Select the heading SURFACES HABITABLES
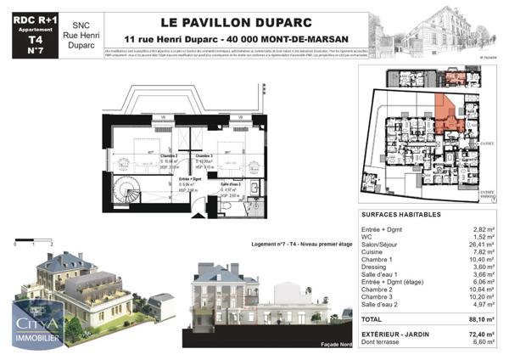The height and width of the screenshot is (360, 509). click(400, 216)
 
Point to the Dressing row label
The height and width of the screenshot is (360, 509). click(375, 267)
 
